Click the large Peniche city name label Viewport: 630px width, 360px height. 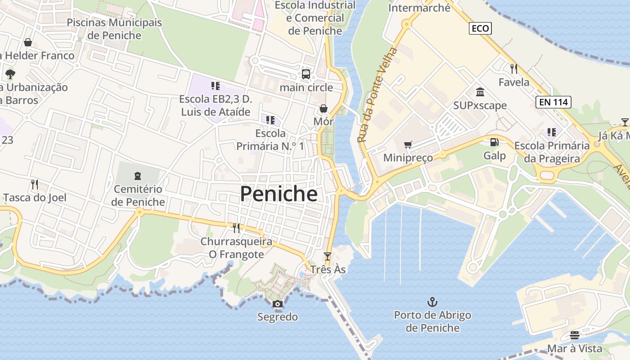pyautogui.click(x=279, y=194)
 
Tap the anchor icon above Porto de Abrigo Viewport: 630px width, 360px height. pyautogui.click(x=432, y=301)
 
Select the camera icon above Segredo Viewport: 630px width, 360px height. pyautogui.click(x=278, y=304)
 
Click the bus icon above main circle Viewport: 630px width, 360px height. pyautogui.click(x=306, y=74)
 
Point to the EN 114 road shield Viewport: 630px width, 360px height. pyautogui.click(x=553, y=102)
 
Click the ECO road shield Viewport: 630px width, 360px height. pyautogui.click(x=480, y=29)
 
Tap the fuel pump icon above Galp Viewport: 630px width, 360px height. pyautogui.click(x=494, y=142)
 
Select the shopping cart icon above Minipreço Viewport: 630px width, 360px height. pyautogui.click(x=408, y=144)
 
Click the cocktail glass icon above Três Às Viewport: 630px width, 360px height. pyautogui.click(x=328, y=256)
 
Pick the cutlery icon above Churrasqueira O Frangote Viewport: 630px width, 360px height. pyautogui.click(x=236, y=228)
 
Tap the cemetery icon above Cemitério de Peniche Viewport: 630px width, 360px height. pyautogui.click(x=138, y=175)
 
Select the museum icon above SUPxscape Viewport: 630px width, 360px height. pyautogui.click(x=480, y=92)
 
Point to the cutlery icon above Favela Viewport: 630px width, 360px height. pyautogui.click(x=514, y=69)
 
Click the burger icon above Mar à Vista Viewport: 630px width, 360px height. pyautogui.click(x=575, y=335)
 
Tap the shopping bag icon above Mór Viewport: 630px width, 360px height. pyautogui.click(x=323, y=108)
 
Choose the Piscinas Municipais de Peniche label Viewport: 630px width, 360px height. pyautogui.click(x=114, y=29)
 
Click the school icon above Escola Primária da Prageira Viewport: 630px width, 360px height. pyautogui.click(x=552, y=132)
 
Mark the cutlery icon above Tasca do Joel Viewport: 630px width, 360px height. pyautogui.click(x=34, y=184)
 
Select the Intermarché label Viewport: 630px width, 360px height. pyautogui.click(x=419, y=8)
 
